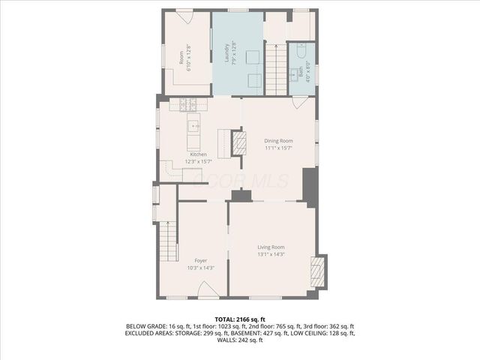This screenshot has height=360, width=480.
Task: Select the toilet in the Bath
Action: pyautogui.click(x=301, y=52)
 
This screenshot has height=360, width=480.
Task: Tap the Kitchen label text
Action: pyautogui.click(x=198, y=154)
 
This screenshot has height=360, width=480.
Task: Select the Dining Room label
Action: pyautogui.click(x=277, y=140)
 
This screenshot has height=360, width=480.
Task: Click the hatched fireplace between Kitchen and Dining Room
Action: pyautogui.click(x=238, y=142)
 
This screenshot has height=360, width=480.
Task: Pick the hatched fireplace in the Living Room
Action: pyautogui.click(x=319, y=271)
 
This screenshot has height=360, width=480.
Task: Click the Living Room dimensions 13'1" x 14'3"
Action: pyautogui.click(x=271, y=254)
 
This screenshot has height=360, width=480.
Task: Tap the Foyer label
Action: pyautogui.click(x=201, y=260)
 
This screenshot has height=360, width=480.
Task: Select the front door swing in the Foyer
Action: pyautogui.click(x=208, y=289)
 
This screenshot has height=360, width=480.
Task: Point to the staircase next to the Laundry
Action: pyautogui.click(x=276, y=69)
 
